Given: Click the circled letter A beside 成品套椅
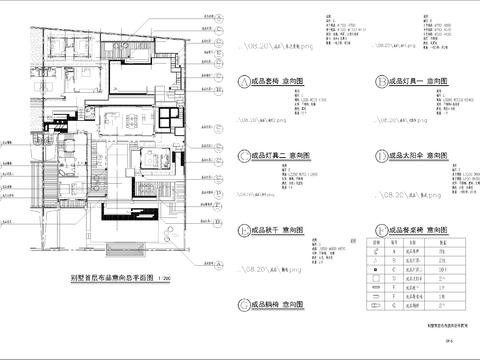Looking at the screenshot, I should [243, 83].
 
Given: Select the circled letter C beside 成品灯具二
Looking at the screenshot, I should [243, 157].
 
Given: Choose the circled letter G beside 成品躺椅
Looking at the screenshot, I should [243, 304].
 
